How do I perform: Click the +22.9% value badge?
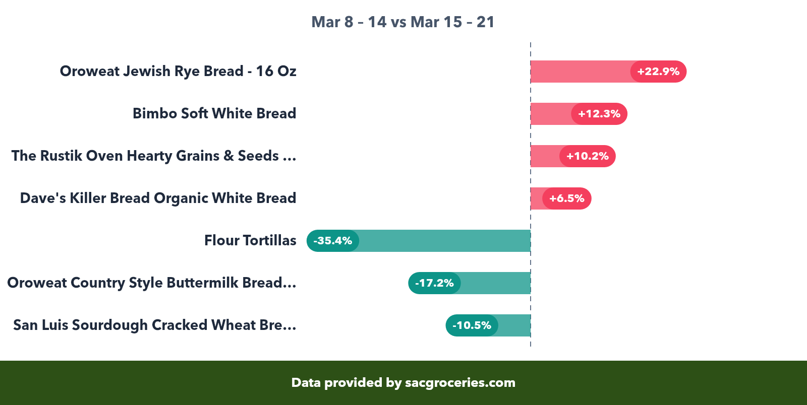[658, 72]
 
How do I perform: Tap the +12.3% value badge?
[599, 114]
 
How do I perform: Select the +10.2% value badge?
[587, 156]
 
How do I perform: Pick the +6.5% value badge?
[566, 198]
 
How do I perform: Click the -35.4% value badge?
[333, 241]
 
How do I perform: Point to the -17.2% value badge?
[434, 283]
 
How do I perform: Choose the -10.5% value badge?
[472, 325]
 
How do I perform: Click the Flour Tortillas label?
[250, 240]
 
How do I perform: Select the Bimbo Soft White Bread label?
[214, 113]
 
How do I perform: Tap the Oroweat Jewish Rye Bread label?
[178, 71]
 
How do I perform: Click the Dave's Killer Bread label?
[158, 198]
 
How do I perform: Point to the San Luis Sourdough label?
[154, 325]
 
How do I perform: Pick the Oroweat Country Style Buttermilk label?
[151, 283]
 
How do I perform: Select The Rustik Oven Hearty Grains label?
[154, 156]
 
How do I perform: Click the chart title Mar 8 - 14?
[402, 22]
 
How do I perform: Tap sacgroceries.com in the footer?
[460, 382]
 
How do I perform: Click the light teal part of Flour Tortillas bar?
[444, 241]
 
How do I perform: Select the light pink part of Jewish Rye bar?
[580, 72]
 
